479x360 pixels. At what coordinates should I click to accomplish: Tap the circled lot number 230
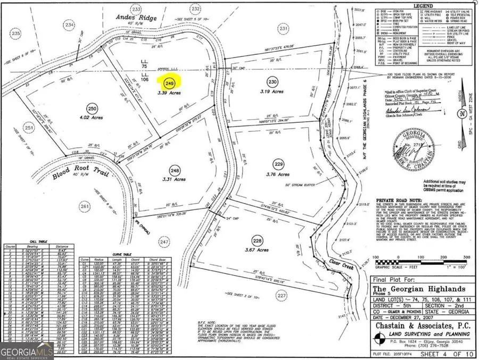[273, 82]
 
